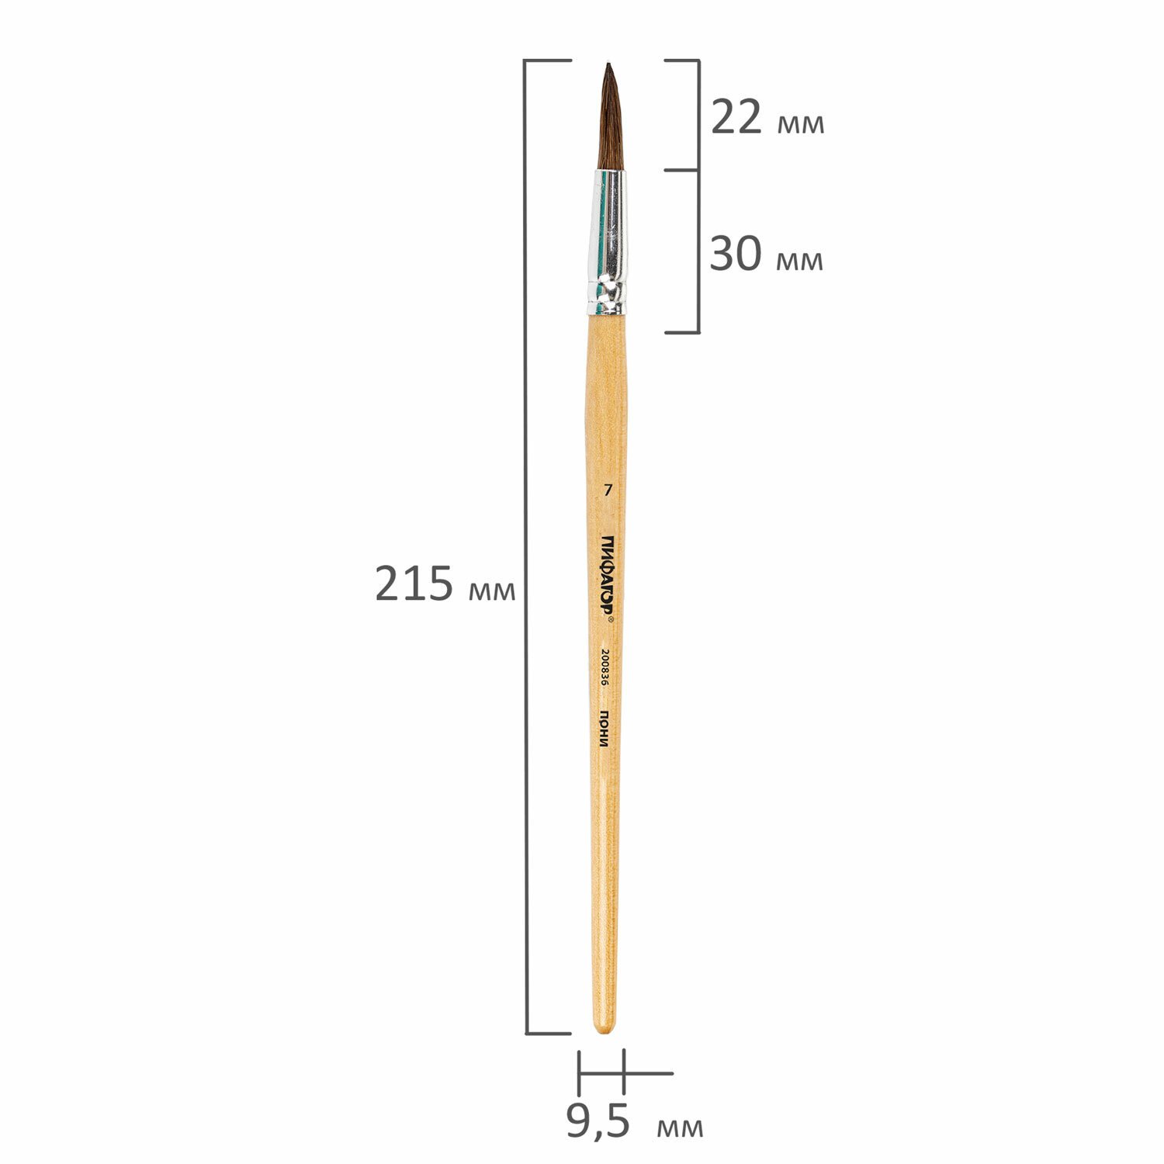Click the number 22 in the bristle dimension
coord(736,119)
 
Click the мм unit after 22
coord(801,124)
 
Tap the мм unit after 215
coord(492,590)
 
